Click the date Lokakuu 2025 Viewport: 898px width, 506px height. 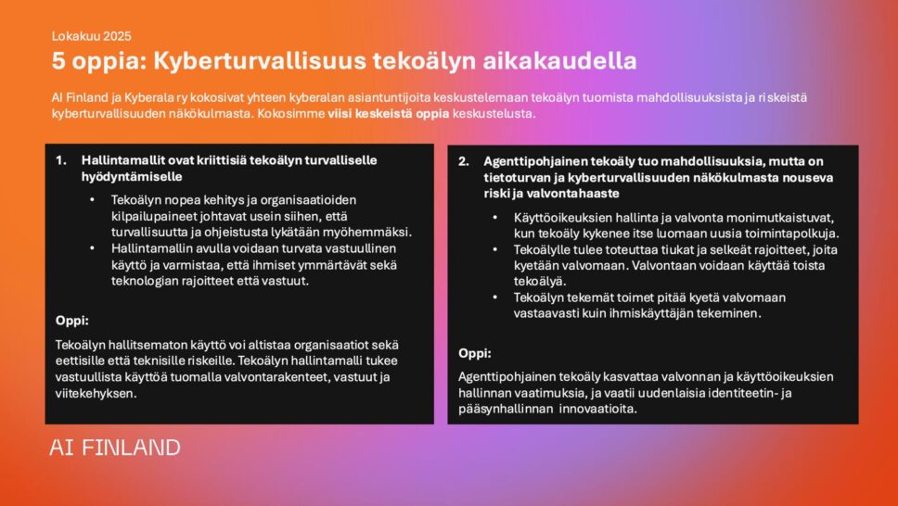point(92,36)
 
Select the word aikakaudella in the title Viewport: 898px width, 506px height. point(559,60)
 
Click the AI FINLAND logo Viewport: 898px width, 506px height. point(114,448)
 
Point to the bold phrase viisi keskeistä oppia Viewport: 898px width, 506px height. point(388,113)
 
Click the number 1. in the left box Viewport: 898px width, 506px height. point(60,160)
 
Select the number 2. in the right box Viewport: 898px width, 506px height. point(463,161)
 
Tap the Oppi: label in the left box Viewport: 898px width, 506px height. point(72,321)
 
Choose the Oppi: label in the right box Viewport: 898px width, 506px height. point(475,353)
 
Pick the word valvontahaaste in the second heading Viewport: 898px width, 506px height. point(580,194)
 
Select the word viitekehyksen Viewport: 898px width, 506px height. point(96,393)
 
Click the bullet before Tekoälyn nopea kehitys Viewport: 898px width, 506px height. point(92,200)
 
